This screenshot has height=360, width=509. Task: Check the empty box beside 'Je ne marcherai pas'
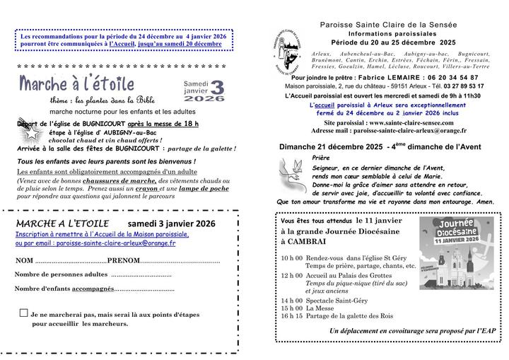(x=24, y=312)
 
